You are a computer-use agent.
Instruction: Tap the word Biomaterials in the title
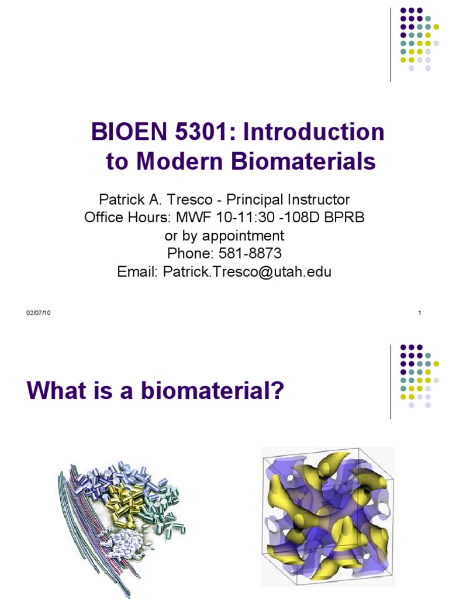(x=304, y=161)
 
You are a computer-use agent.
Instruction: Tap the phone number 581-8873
(x=249, y=254)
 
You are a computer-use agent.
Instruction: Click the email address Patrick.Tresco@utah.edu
(x=247, y=272)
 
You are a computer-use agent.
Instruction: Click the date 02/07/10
(x=39, y=314)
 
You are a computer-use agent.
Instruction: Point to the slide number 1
(x=420, y=314)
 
